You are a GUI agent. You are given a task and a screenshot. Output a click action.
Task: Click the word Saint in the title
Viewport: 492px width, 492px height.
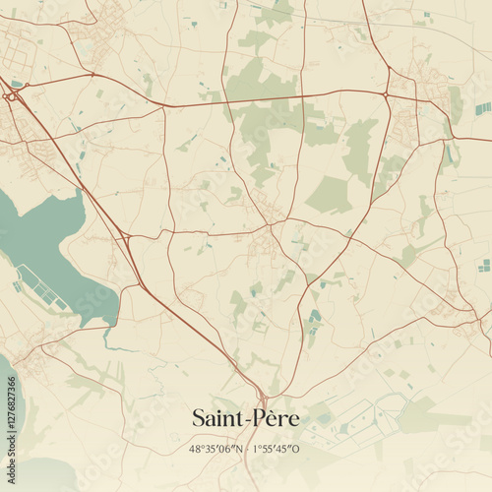[x=219, y=418]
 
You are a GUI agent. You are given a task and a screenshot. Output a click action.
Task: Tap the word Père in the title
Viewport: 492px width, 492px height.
[x=277, y=418]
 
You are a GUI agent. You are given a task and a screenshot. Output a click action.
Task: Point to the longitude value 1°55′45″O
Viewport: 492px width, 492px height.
[x=277, y=449]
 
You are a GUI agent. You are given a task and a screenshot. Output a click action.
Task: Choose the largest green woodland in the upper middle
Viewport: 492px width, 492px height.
[x=261, y=113]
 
